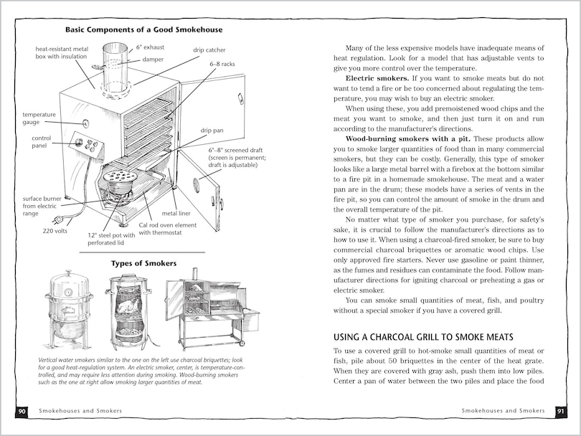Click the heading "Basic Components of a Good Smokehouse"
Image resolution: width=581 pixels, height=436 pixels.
click(x=143, y=29)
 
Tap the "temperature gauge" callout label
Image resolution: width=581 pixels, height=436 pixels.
click(x=39, y=118)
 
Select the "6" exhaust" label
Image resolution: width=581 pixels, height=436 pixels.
click(x=151, y=47)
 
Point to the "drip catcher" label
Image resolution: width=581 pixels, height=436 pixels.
click(x=209, y=51)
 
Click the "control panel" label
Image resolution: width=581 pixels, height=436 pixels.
click(x=42, y=141)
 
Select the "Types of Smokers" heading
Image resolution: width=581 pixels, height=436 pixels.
click(x=143, y=263)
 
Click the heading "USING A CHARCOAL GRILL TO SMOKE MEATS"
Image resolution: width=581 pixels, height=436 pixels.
click(x=422, y=336)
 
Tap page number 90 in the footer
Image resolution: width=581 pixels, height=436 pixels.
click(x=22, y=412)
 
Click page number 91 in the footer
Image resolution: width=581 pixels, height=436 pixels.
click(x=559, y=412)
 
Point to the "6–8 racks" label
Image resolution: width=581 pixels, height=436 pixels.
click(x=223, y=64)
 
